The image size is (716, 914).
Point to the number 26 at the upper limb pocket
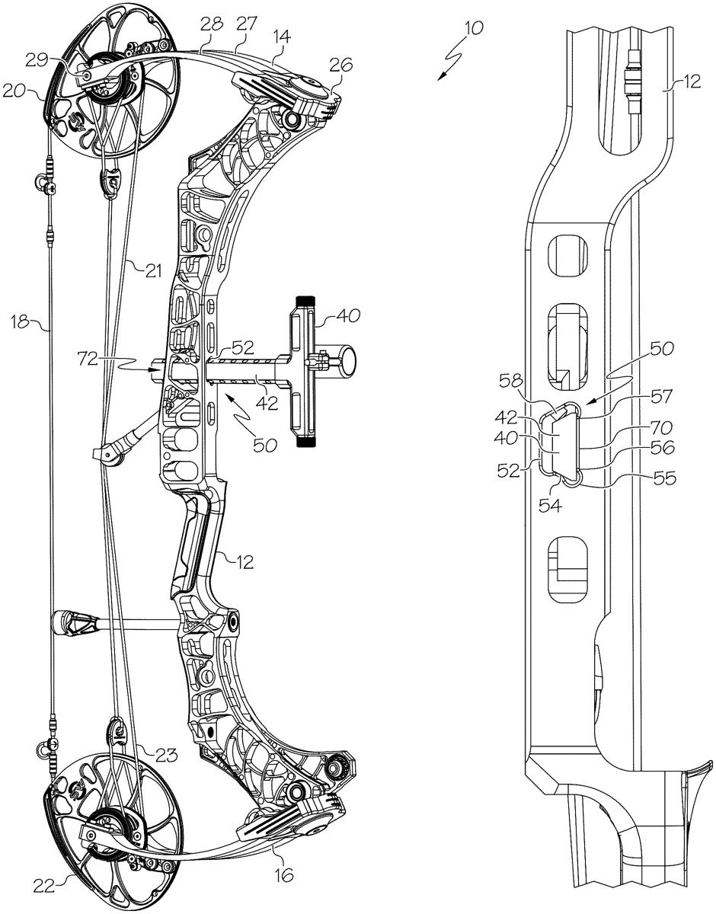(340, 67)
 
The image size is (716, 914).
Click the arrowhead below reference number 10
(442, 75)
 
